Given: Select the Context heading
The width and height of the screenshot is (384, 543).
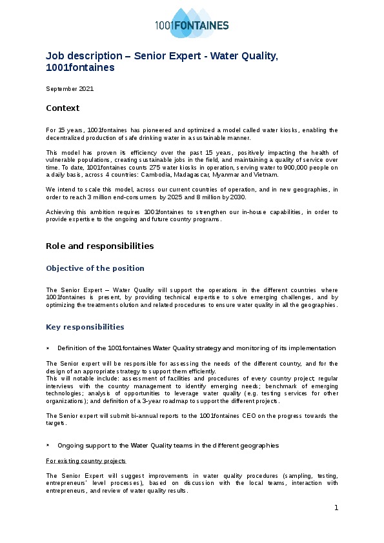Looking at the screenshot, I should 63,108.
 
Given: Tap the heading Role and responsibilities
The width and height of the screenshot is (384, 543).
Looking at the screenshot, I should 99,246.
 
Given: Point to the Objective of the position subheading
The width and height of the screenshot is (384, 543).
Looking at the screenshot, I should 95,268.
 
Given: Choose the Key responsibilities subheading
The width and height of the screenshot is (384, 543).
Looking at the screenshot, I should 85,327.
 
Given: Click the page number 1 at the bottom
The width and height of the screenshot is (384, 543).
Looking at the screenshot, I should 336,508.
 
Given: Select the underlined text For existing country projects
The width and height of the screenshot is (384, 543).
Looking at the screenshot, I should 86,461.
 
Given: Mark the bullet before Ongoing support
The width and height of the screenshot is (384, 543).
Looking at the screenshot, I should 48,446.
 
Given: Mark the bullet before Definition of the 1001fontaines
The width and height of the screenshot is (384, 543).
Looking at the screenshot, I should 48,348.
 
